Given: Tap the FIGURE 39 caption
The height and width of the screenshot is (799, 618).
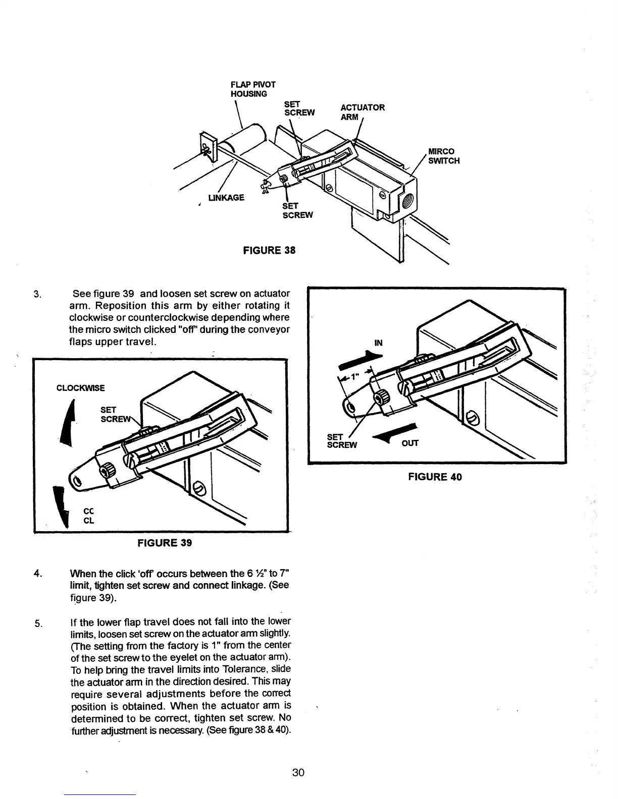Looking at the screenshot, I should (165, 543).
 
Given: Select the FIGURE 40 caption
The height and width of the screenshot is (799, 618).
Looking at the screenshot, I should (435, 477).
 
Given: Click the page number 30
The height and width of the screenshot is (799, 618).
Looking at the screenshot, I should (298, 772).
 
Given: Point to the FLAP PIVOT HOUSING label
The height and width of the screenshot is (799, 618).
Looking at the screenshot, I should (253, 89).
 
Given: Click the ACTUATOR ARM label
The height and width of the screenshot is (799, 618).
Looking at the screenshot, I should (363, 112).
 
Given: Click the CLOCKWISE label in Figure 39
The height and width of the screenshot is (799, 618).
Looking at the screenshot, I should (81, 388).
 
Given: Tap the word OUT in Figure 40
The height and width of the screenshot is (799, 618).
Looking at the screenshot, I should (410, 443).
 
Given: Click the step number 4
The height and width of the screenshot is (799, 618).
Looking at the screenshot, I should (36, 574).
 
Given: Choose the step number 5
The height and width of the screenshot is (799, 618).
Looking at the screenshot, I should (37, 622).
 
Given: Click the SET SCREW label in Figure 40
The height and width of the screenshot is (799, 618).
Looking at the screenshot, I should (342, 441).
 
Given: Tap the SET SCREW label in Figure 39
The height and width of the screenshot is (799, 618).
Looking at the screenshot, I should (112, 414).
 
